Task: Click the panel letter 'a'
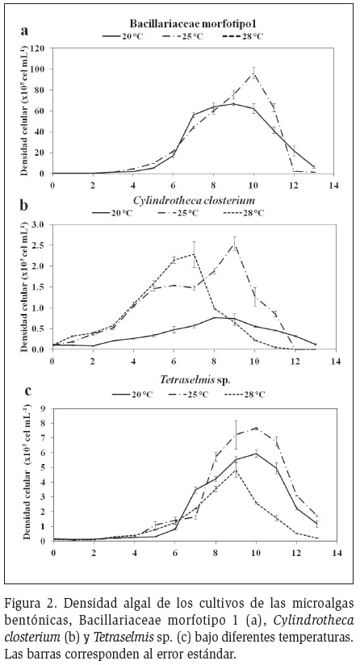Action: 25,31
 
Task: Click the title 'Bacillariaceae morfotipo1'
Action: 182,23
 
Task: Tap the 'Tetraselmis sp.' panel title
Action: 195,379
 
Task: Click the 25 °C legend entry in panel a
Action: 182,36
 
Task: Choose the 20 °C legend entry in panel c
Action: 132,395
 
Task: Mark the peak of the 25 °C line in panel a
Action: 253,73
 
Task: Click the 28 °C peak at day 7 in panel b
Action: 194,254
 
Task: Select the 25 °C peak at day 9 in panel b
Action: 235,244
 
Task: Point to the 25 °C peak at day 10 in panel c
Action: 256,428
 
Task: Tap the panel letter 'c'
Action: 28,391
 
